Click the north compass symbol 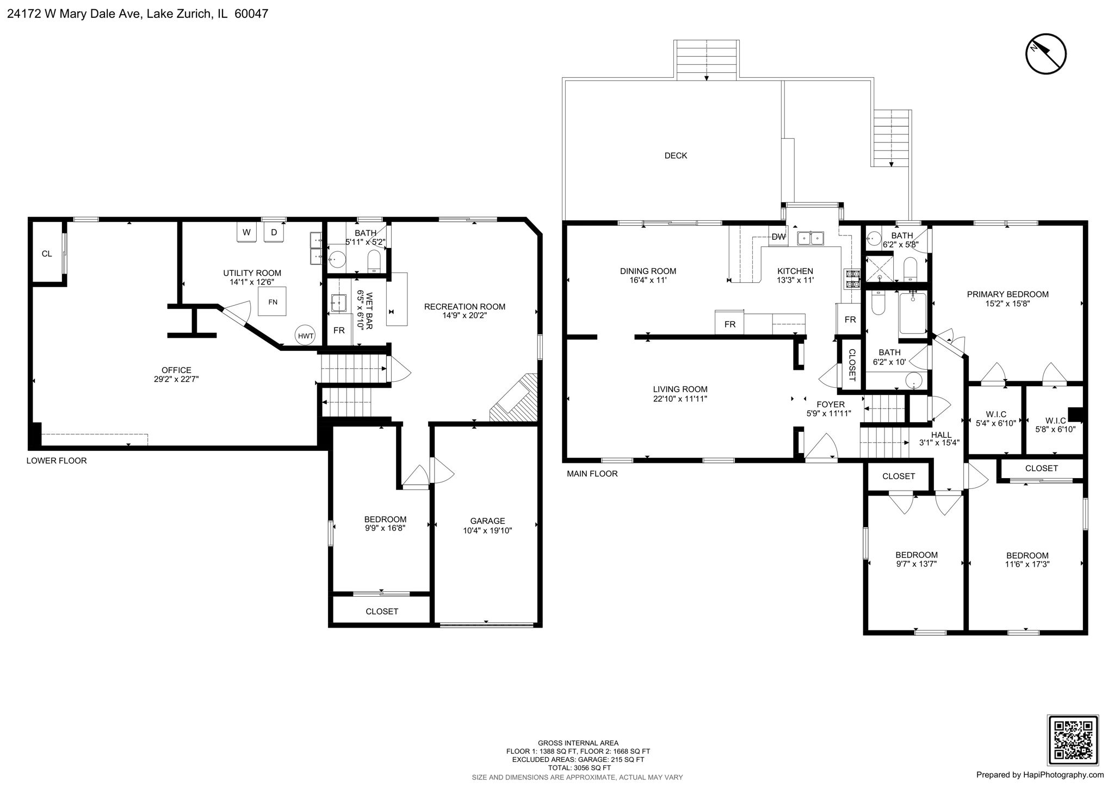1045,54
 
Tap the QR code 1073,740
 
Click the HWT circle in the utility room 306,336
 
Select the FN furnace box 273,302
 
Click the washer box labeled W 246,232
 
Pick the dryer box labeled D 274,232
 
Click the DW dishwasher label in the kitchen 778,237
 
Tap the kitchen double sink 810,239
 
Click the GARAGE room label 487,520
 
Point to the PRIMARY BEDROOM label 1007,294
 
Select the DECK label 676,156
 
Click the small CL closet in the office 47,253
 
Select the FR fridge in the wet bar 339,330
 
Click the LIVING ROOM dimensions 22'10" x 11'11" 680,399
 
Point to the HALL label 941,435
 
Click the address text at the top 137,14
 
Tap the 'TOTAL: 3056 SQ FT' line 578,768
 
